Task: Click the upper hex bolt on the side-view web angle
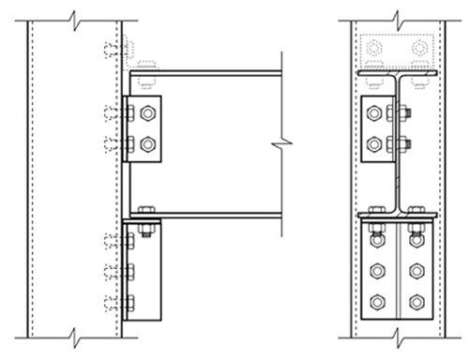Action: pos(147,114)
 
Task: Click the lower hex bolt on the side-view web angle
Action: pos(147,145)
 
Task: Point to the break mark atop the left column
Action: pos(74,16)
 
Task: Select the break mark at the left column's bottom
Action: pos(74,335)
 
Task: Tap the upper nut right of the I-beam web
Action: pos(405,114)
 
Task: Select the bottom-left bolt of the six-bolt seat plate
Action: pos(377,302)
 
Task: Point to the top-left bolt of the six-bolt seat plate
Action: pos(377,241)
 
